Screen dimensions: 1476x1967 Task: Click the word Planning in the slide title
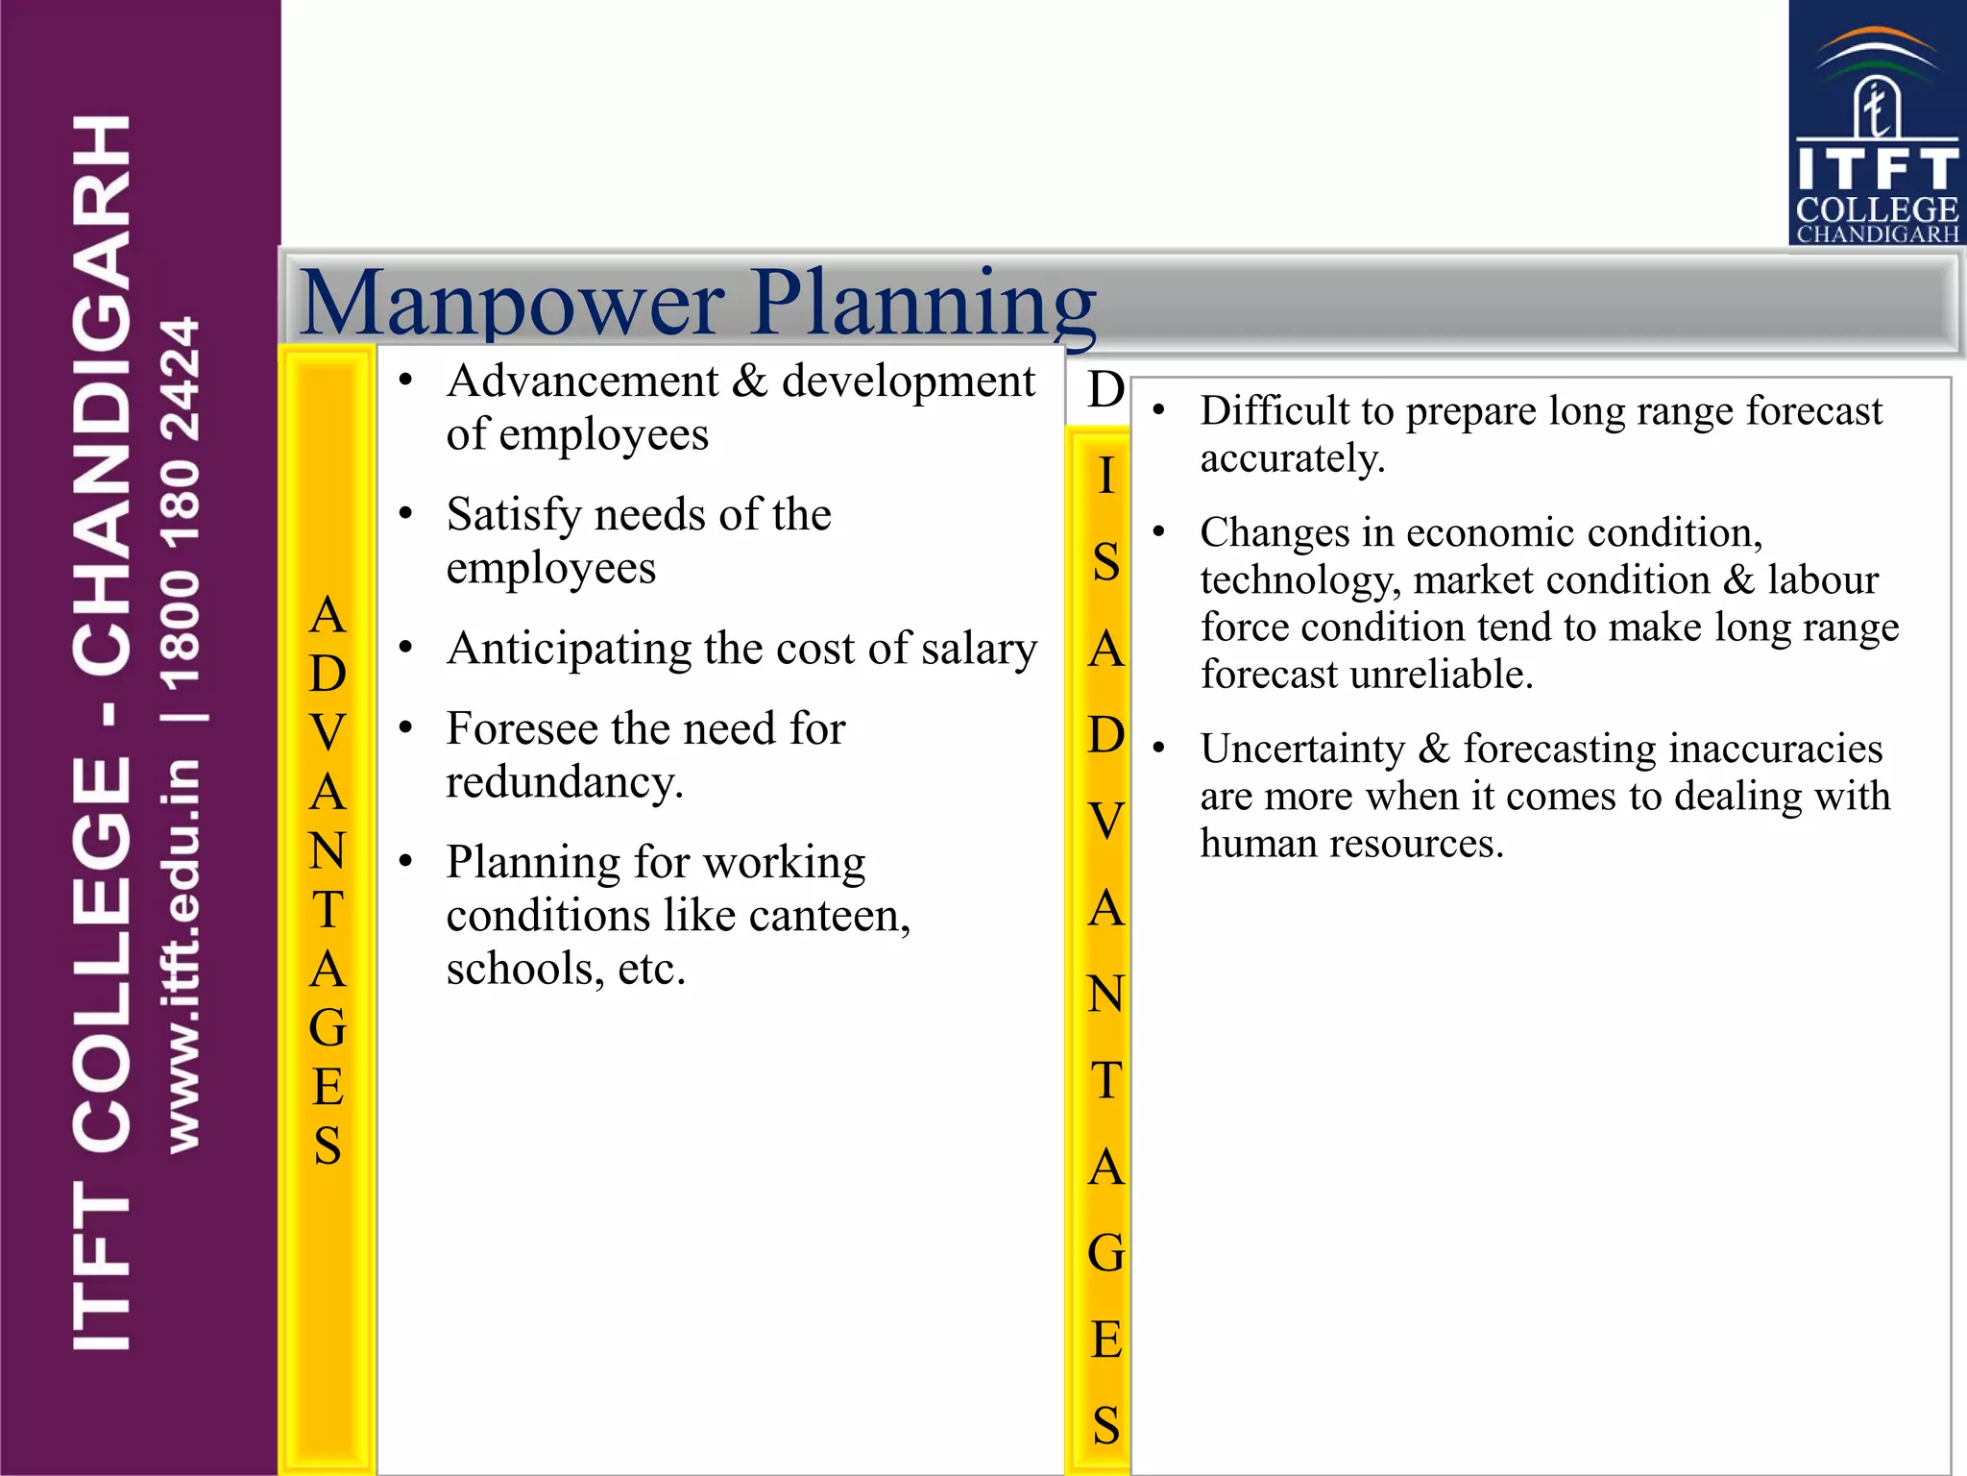pyautogui.click(x=922, y=304)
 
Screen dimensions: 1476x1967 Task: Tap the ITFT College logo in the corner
pyautogui.click(x=1877, y=123)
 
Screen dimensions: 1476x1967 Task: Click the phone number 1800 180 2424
pyautogui.click(x=181, y=504)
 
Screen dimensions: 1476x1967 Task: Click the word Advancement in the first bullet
pyautogui.click(x=583, y=381)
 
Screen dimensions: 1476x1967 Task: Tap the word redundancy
pyautogui.click(x=564, y=781)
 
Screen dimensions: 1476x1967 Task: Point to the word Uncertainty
pyautogui.click(x=1301, y=749)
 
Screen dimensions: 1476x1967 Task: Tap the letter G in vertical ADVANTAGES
pyautogui.click(x=328, y=1028)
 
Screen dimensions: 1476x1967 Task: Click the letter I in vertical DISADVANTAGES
pyautogui.click(x=1105, y=476)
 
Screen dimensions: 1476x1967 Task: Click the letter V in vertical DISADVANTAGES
pyautogui.click(x=1105, y=821)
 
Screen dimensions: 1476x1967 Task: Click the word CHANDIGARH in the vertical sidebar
pyautogui.click(x=102, y=394)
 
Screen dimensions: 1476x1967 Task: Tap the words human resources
pyautogui.click(x=1350, y=844)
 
